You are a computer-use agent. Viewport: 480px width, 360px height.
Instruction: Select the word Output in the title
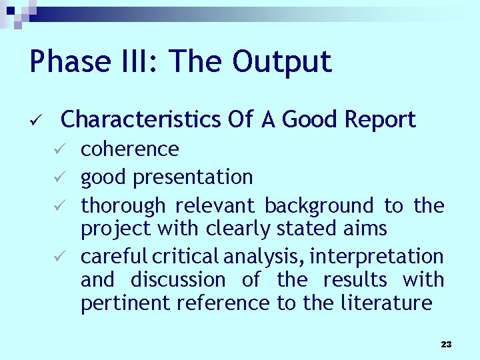click(282, 62)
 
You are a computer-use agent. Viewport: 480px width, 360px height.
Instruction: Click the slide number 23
click(446, 344)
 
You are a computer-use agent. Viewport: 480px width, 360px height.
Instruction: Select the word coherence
click(129, 149)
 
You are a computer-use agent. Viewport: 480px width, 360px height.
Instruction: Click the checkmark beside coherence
click(59, 149)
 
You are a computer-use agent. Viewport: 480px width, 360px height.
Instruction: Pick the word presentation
click(193, 177)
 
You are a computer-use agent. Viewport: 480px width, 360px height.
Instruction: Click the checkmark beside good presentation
click(59, 177)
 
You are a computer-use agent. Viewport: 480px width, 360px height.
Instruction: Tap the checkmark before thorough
click(59, 206)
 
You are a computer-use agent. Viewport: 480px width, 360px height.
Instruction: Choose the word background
click(319, 206)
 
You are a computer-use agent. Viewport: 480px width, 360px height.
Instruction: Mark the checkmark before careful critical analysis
click(59, 256)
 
